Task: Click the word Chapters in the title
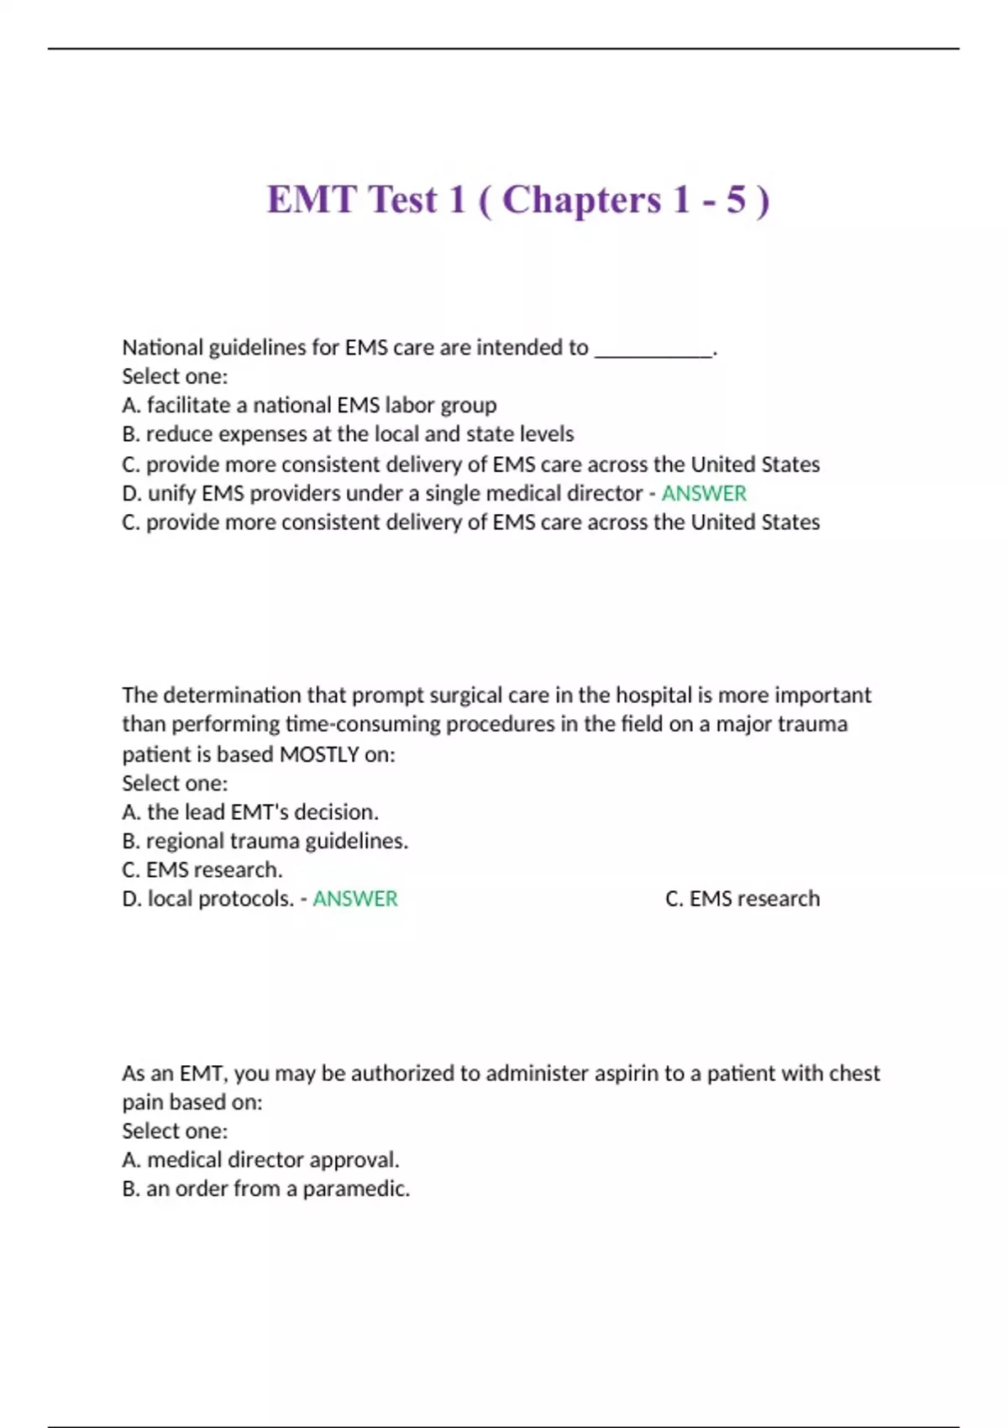(581, 200)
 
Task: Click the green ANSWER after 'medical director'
(704, 493)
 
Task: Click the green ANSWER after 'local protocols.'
(355, 899)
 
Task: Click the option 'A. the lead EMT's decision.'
(250, 812)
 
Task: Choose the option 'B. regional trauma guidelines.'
(265, 841)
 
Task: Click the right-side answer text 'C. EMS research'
(743, 899)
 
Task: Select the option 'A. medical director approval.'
(260, 1160)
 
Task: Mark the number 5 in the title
(736, 200)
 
